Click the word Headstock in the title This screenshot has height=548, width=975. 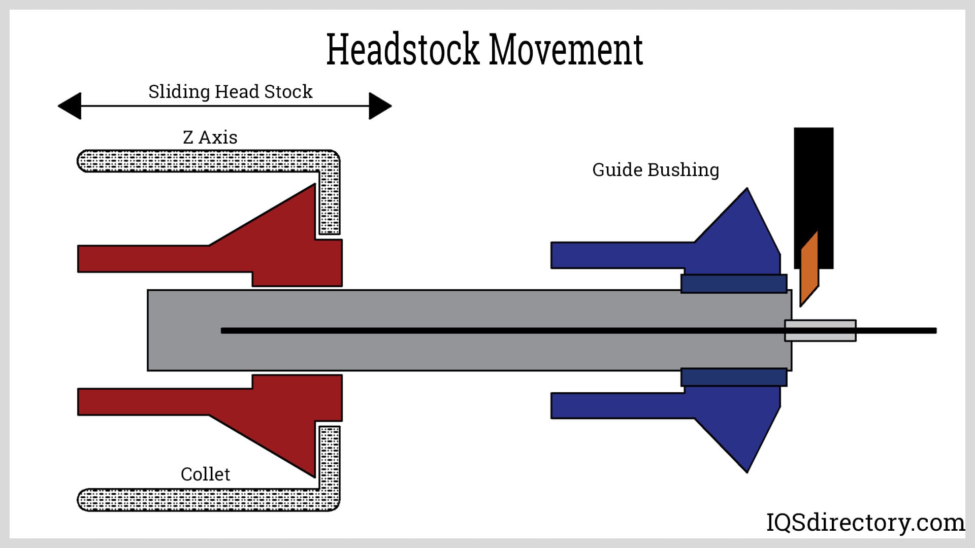(403, 49)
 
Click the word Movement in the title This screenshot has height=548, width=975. (566, 49)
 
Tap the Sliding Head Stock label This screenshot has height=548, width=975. (230, 92)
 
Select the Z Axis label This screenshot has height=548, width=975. (210, 138)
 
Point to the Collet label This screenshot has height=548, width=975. (205, 474)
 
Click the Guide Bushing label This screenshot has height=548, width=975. (656, 170)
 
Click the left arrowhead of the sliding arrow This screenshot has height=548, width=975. (70, 106)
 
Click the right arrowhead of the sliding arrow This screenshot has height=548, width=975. (380, 106)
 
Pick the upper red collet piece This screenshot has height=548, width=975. (284, 249)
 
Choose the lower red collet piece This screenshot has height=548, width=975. (284, 411)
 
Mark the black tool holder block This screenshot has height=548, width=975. (814, 183)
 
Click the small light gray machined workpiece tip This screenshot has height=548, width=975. (820, 330)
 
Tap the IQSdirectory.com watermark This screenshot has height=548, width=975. (865, 522)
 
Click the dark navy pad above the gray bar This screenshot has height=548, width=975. (734, 284)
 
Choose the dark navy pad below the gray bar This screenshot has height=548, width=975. (734, 378)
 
